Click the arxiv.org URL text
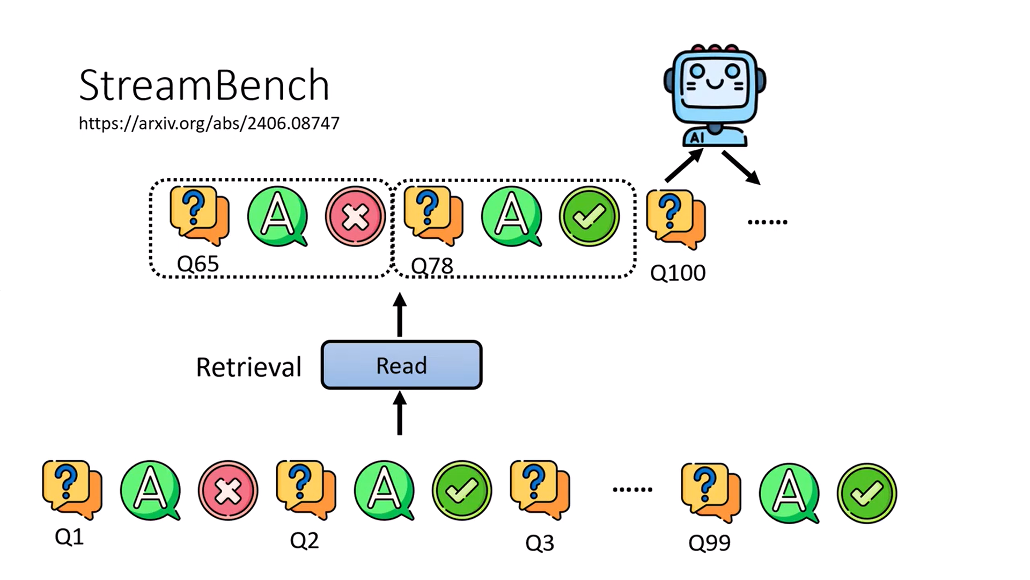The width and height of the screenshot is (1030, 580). coord(209,123)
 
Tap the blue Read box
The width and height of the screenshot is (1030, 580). coord(401,365)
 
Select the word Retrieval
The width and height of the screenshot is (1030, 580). coord(248,367)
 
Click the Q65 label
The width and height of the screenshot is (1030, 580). coord(198,264)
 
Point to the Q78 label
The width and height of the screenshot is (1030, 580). coord(432,266)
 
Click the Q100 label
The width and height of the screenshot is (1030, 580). coord(678,273)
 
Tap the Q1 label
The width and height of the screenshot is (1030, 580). coord(69,536)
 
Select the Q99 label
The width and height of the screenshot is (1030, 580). coord(709,543)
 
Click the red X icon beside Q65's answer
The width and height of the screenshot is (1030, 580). coord(355,216)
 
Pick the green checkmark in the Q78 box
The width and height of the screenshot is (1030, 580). coord(589,216)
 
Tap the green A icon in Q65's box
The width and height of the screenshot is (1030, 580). coord(277,216)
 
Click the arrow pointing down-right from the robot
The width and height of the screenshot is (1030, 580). coord(741,168)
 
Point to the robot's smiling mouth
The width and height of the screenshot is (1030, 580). coord(714,84)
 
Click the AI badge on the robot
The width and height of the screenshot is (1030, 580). coord(697,138)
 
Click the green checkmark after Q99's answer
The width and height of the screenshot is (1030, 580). coord(866,493)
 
